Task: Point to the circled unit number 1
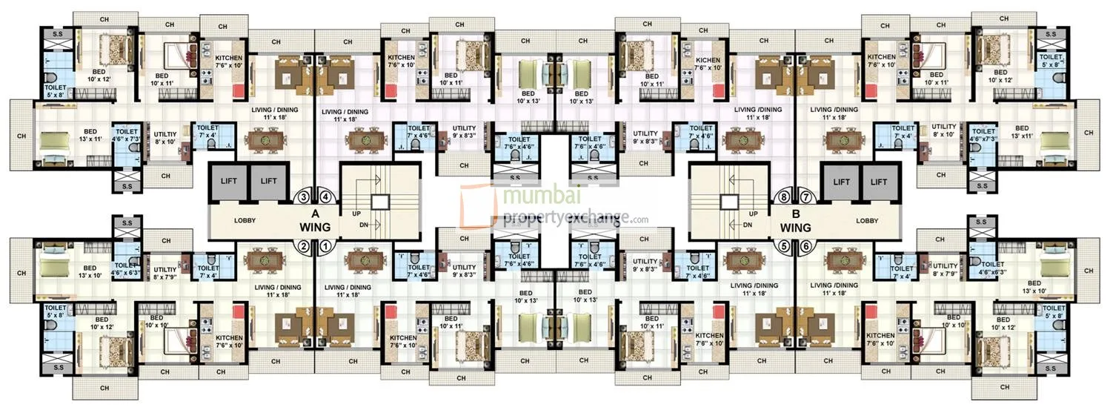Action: click(323, 246)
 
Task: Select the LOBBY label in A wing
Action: click(245, 220)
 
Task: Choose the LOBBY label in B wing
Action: click(866, 220)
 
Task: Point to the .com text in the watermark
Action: click(640, 219)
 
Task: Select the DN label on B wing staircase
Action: click(748, 225)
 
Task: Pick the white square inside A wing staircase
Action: click(379, 202)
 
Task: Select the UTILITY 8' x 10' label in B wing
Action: click(943, 131)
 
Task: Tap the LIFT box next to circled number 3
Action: click(268, 181)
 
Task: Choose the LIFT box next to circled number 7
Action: click(840, 181)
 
